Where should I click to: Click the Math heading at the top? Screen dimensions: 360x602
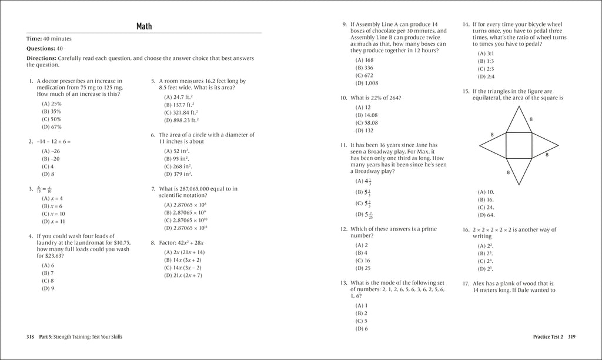(144, 26)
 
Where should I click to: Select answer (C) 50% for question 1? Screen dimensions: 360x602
(52, 119)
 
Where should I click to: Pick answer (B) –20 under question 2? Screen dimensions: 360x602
(51, 158)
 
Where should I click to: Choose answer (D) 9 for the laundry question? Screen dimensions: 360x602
(48, 288)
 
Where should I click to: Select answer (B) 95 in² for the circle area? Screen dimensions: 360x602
(176, 158)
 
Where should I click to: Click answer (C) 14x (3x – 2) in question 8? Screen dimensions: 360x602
(182, 267)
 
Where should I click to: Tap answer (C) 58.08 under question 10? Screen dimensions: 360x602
(367, 123)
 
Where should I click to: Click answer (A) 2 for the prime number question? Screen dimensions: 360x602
(362, 245)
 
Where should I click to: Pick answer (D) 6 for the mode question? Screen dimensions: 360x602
(362, 328)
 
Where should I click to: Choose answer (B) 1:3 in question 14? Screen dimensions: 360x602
(486, 61)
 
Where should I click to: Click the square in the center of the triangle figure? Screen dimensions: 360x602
(519, 145)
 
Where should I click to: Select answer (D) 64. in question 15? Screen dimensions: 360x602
(486, 215)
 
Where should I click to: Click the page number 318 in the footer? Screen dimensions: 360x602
(31, 336)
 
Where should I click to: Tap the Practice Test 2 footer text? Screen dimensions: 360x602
(547, 336)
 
